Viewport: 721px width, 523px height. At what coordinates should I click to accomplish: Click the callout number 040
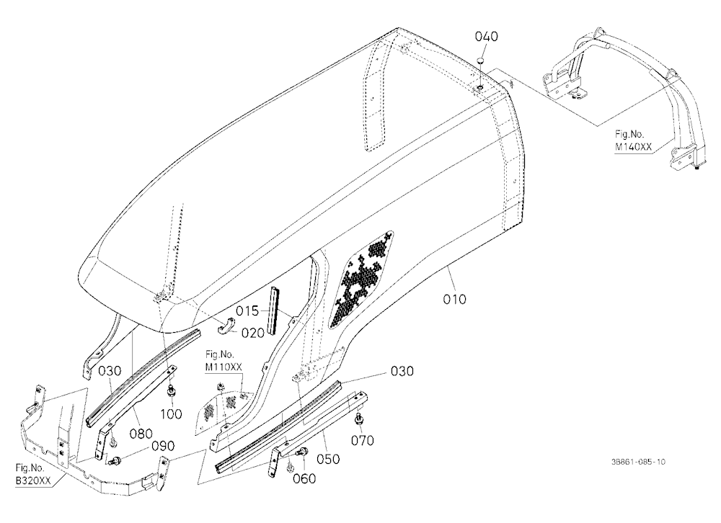486,36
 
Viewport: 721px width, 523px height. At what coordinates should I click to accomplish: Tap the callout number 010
454,299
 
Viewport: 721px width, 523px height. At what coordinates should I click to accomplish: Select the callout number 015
247,311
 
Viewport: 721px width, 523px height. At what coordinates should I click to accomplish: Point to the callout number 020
253,333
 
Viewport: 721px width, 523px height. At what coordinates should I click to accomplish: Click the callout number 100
171,414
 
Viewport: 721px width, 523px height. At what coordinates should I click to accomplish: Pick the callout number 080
141,434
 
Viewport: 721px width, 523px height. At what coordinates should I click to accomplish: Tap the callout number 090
163,446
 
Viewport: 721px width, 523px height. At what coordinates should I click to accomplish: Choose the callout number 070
363,440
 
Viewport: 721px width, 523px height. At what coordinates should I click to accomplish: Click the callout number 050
328,459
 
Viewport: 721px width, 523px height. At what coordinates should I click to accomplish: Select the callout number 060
304,479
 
